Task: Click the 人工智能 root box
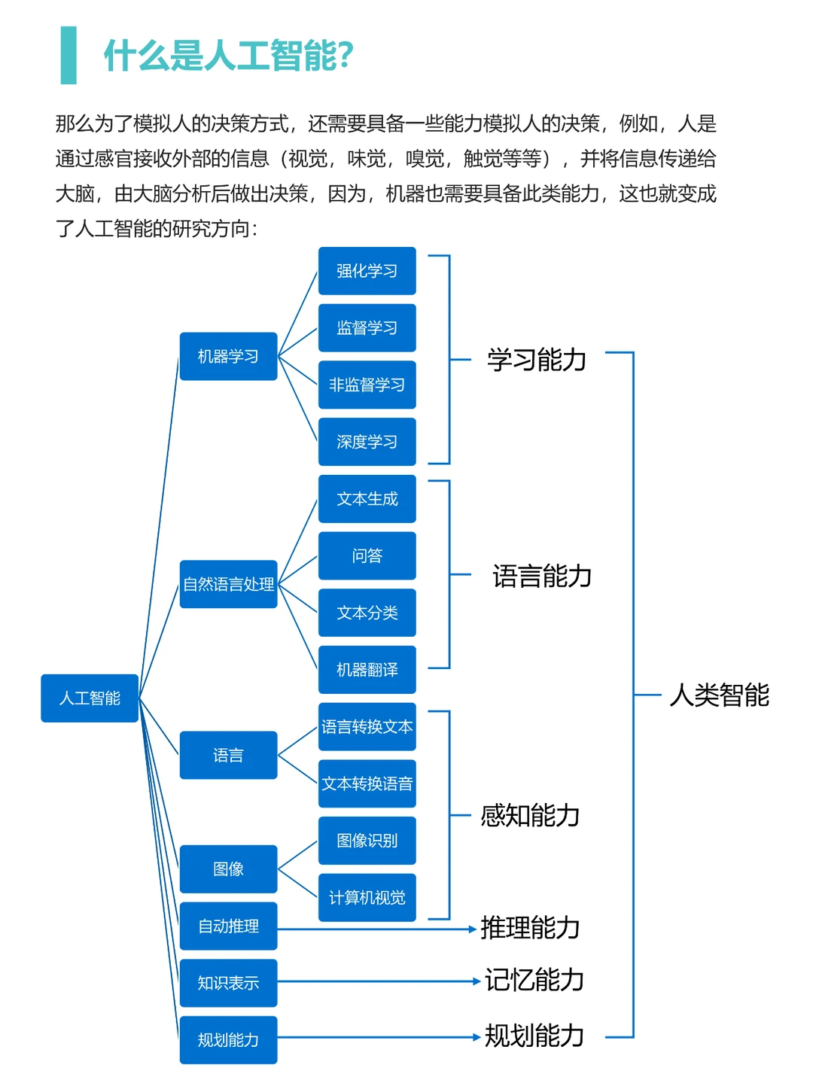point(90,698)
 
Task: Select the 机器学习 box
point(228,356)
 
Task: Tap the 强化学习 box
point(367,271)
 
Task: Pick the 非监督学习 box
point(367,385)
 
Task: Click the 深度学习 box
point(367,442)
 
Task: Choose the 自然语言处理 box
point(228,584)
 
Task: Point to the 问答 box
point(367,555)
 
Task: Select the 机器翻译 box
point(367,670)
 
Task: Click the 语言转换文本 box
point(367,727)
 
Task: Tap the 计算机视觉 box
point(367,898)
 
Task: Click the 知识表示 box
point(228,983)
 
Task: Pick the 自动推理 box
point(228,926)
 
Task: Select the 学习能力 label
point(537,360)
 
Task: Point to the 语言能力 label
point(542,576)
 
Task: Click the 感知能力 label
point(530,815)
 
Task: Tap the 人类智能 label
point(719,695)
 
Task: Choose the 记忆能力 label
point(534,980)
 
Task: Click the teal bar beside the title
point(69,55)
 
